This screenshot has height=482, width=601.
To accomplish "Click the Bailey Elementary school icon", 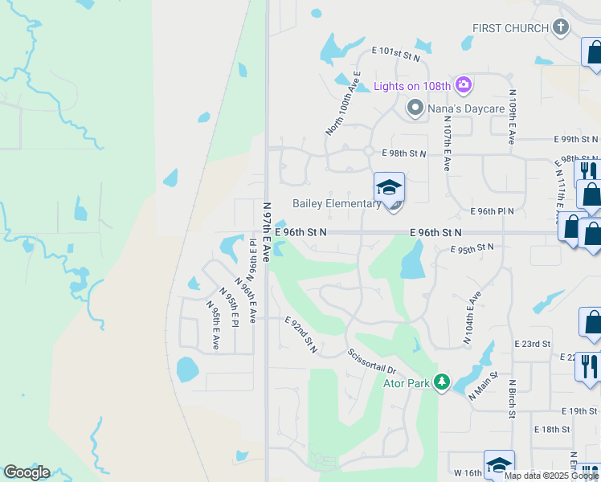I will (390, 188).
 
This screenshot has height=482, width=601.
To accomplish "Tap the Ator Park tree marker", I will (441, 381).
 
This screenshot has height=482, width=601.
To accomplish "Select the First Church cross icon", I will (562, 28).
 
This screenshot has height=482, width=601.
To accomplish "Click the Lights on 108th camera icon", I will (463, 84).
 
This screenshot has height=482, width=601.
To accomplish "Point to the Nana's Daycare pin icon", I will (415, 108).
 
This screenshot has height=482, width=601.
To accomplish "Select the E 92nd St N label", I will (301, 335).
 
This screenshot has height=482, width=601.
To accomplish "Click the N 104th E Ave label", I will (472, 318).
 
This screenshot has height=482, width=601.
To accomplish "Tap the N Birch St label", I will (512, 398).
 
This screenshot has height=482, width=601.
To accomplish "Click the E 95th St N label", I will (464, 248).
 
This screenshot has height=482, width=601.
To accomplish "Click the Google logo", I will (27, 472).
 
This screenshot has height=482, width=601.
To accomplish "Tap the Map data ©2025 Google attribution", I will (551, 476).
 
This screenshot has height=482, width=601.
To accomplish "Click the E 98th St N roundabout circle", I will (367, 150).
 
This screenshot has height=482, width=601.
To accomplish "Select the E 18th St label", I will (555, 429).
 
